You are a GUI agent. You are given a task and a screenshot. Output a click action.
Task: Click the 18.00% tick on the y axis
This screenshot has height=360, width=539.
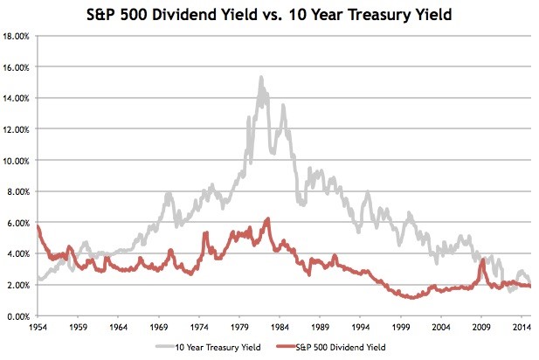17,36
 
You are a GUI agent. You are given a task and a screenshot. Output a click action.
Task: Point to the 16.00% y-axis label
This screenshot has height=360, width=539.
17,67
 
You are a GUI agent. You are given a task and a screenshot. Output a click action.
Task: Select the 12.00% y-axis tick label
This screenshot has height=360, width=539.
17,129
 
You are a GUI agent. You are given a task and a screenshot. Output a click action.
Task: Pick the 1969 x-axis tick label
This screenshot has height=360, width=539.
158,327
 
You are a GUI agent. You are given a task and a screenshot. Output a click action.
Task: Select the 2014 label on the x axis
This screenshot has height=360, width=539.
522,327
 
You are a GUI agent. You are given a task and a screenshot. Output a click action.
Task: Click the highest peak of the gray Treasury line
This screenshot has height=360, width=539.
261,78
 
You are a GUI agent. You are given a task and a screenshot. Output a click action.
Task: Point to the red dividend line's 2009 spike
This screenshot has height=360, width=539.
483,260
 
